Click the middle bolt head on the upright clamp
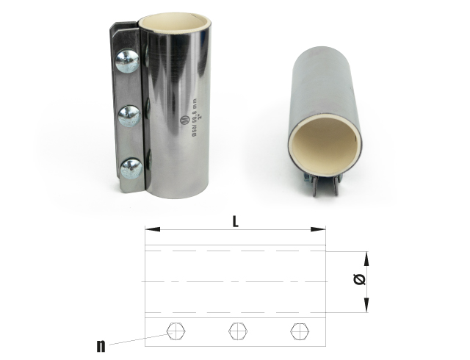click(x=129, y=115)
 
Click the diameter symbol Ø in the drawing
click(x=358, y=280)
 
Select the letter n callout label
click(x=101, y=344)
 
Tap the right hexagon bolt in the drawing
click(x=297, y=331)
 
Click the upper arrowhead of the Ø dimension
click(x=365, y=256)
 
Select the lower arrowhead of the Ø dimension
click(x=365, y=308)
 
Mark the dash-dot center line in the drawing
click(x=235, y=281)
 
